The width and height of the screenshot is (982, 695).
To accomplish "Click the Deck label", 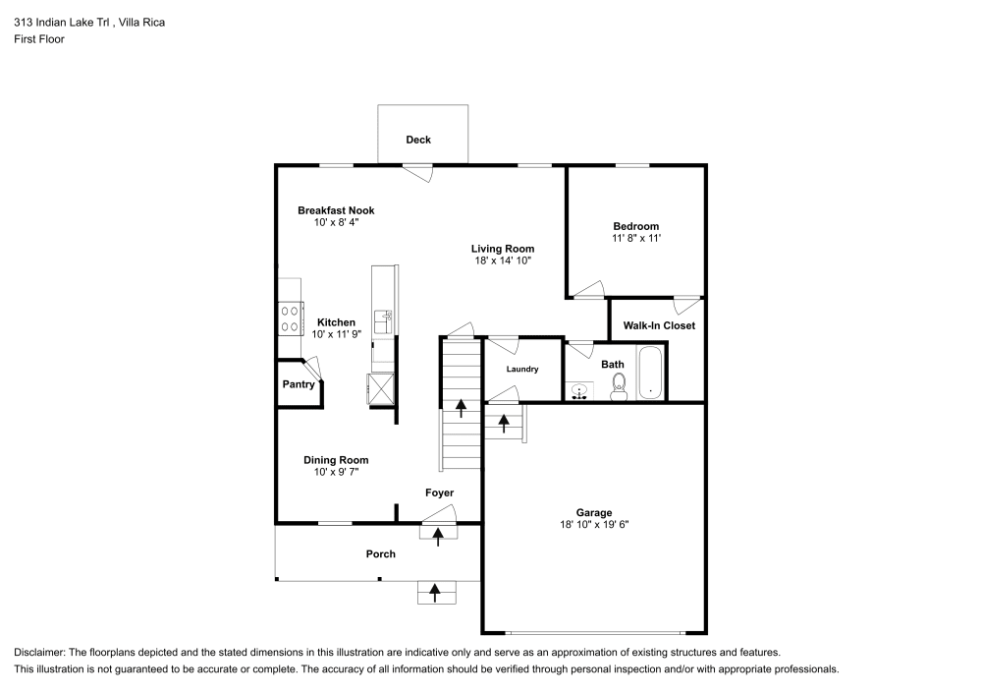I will tap(418, 140).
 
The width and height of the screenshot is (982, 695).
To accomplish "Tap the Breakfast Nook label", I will tap(336, 210).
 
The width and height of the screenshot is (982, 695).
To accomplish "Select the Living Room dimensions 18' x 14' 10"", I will tap(502, 261).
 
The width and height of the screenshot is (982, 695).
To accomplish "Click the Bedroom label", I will tap(636, 226).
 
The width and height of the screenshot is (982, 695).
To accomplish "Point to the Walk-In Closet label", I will tap(659, 325).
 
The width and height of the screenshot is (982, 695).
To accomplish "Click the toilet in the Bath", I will tap(619, 389).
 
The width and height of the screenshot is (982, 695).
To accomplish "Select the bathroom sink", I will tap(580, 391).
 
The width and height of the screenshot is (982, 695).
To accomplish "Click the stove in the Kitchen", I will tap(291, 319).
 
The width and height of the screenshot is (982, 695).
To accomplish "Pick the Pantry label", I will tap(299, 384).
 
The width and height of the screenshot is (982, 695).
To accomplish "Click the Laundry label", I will tap(522, 370).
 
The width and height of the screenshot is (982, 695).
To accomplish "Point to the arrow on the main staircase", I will tap(461, 407).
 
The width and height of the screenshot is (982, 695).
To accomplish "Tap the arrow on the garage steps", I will tap(505, 423).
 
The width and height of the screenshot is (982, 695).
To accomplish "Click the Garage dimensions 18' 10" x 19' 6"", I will tap(594, 525).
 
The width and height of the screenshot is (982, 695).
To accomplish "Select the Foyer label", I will tap(439, 492).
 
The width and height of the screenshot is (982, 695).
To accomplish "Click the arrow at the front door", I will tap(438, 533).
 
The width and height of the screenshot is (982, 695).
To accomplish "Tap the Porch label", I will tap(381, 554).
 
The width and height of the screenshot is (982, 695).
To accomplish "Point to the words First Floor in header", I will tap(39, 39).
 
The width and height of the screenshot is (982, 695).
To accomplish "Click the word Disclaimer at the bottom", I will tap(40, 653).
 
